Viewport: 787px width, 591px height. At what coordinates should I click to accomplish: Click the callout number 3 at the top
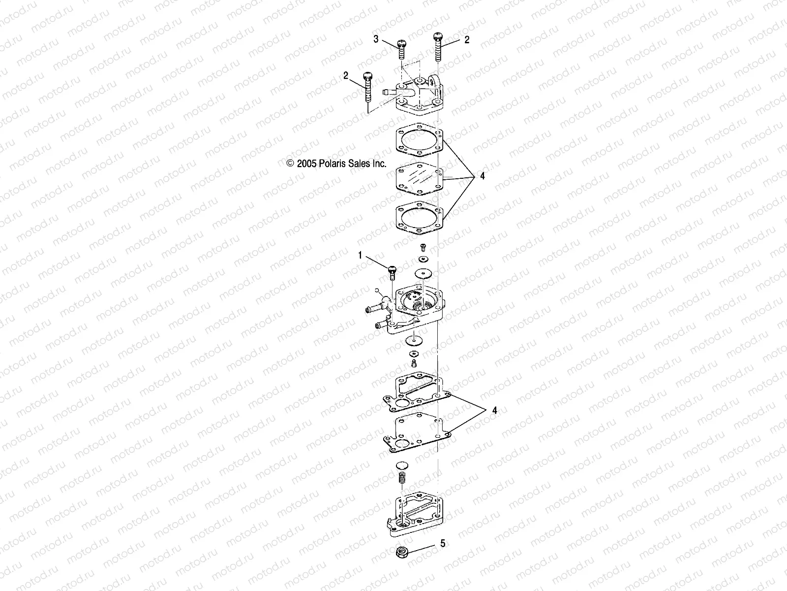[x=376, y=39]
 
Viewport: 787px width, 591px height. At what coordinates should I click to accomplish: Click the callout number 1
[x=361, y=255]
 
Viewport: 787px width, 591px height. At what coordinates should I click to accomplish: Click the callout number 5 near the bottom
[x=443, y=543]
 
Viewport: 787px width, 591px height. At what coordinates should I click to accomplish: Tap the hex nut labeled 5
[x=402, y=552]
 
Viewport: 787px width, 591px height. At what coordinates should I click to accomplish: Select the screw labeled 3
[x=401, y=50]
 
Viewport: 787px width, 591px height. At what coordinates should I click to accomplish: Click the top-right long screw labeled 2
[x=438, y=47]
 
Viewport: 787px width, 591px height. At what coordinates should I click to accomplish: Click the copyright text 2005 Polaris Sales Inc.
[x=336, y=164]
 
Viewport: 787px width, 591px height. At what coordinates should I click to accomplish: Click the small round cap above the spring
[x=402, y=466]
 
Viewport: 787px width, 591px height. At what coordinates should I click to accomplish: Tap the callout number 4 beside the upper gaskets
[x=482, y=176]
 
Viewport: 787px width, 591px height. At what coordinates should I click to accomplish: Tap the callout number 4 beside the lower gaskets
[x=495, y=411]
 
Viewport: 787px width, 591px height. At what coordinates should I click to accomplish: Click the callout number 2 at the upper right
[x=467, y=40]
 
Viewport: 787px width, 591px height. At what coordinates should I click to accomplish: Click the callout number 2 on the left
[x=346, y=75]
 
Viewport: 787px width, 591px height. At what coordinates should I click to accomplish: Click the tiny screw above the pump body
[x=423, y=247]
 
